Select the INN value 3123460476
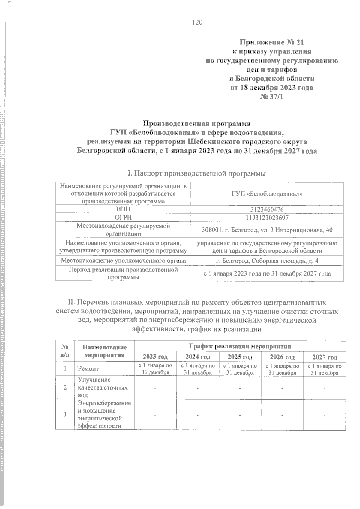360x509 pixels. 267,209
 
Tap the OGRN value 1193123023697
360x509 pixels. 267,217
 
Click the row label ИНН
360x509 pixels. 123,209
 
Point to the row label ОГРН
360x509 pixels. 123,217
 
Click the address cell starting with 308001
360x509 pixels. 267,230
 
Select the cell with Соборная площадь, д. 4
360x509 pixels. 267,261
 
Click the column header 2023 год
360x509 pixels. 155,357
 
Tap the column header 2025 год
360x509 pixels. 240,357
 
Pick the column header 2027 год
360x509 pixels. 325,357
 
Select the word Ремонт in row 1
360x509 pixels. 88,369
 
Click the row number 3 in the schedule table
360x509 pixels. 65,414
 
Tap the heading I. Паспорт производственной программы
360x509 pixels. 197,173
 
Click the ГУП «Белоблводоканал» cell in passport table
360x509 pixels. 267,194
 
